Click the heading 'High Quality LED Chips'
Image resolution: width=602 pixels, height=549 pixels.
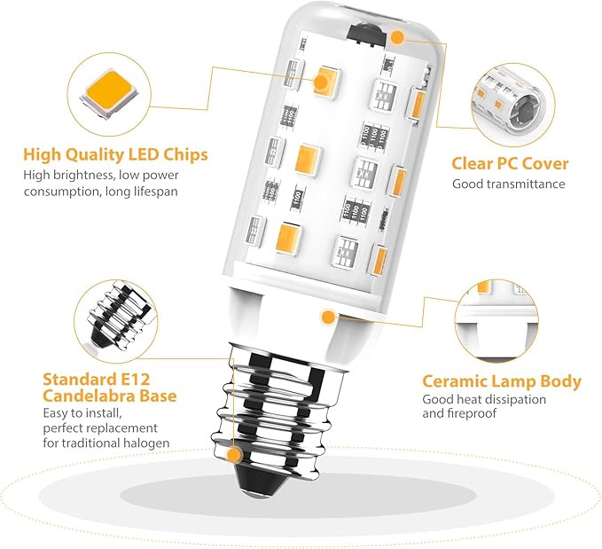tap(115, 154)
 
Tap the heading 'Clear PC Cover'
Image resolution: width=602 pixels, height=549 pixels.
tap(510, 164)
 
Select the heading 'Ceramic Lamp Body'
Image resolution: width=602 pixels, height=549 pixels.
tap(502, 381)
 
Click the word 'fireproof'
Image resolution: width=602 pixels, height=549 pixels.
tap(473, 413)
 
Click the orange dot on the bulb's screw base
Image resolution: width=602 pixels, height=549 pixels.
tap(234, 456)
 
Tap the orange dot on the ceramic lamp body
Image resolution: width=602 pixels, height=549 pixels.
tap(328, 318)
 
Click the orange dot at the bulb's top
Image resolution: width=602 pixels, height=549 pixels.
tap(398, 37)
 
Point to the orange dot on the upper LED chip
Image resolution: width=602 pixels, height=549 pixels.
tap(321, 82)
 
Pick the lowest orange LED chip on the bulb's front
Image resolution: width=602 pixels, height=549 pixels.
tap(289, 239)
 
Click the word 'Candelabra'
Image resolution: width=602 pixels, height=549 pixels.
tap(90, 396)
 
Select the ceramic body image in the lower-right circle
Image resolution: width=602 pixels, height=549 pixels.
tap(496, 320)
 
